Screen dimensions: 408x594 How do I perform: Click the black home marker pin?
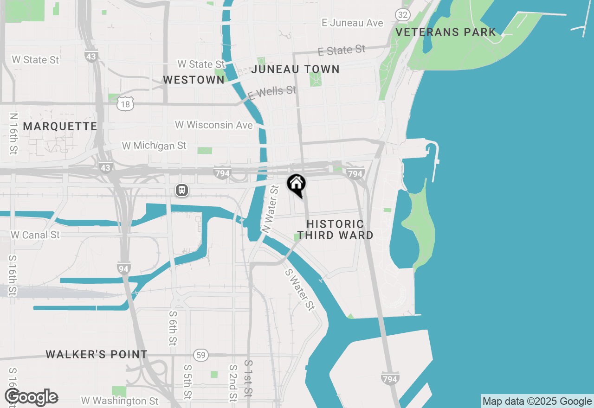tap(296, 185)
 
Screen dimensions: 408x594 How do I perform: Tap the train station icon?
tap(182, 190)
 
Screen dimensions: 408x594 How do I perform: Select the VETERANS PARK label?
tap(446, 32)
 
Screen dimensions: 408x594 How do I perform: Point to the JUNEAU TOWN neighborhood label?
tap(296, 70)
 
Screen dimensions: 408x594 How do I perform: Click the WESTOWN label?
tap(194, 80)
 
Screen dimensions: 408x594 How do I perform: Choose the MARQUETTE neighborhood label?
tap(60, 127)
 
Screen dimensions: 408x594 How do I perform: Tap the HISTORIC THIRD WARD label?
tap(336, 229)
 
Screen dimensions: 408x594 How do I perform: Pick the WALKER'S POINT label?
tap(97, 355)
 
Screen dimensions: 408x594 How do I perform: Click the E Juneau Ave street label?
tap(353, 23)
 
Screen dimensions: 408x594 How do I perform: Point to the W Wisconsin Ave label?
tap(214, 125)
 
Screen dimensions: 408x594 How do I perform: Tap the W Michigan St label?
tap(154, 146)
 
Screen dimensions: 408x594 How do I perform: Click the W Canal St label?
tap(35, 235)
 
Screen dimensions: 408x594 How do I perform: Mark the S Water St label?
tap(300, 290)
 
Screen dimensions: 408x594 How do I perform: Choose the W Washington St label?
tap(120, 401)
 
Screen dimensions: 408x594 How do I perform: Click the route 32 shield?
tap(402, 15)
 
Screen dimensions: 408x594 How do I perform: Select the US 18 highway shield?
tap(125, 104)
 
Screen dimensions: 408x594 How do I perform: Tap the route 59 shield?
tap(200, 355)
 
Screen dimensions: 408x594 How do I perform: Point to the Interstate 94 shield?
tap(124, 268)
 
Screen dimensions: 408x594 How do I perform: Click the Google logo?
tap(32, 397)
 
